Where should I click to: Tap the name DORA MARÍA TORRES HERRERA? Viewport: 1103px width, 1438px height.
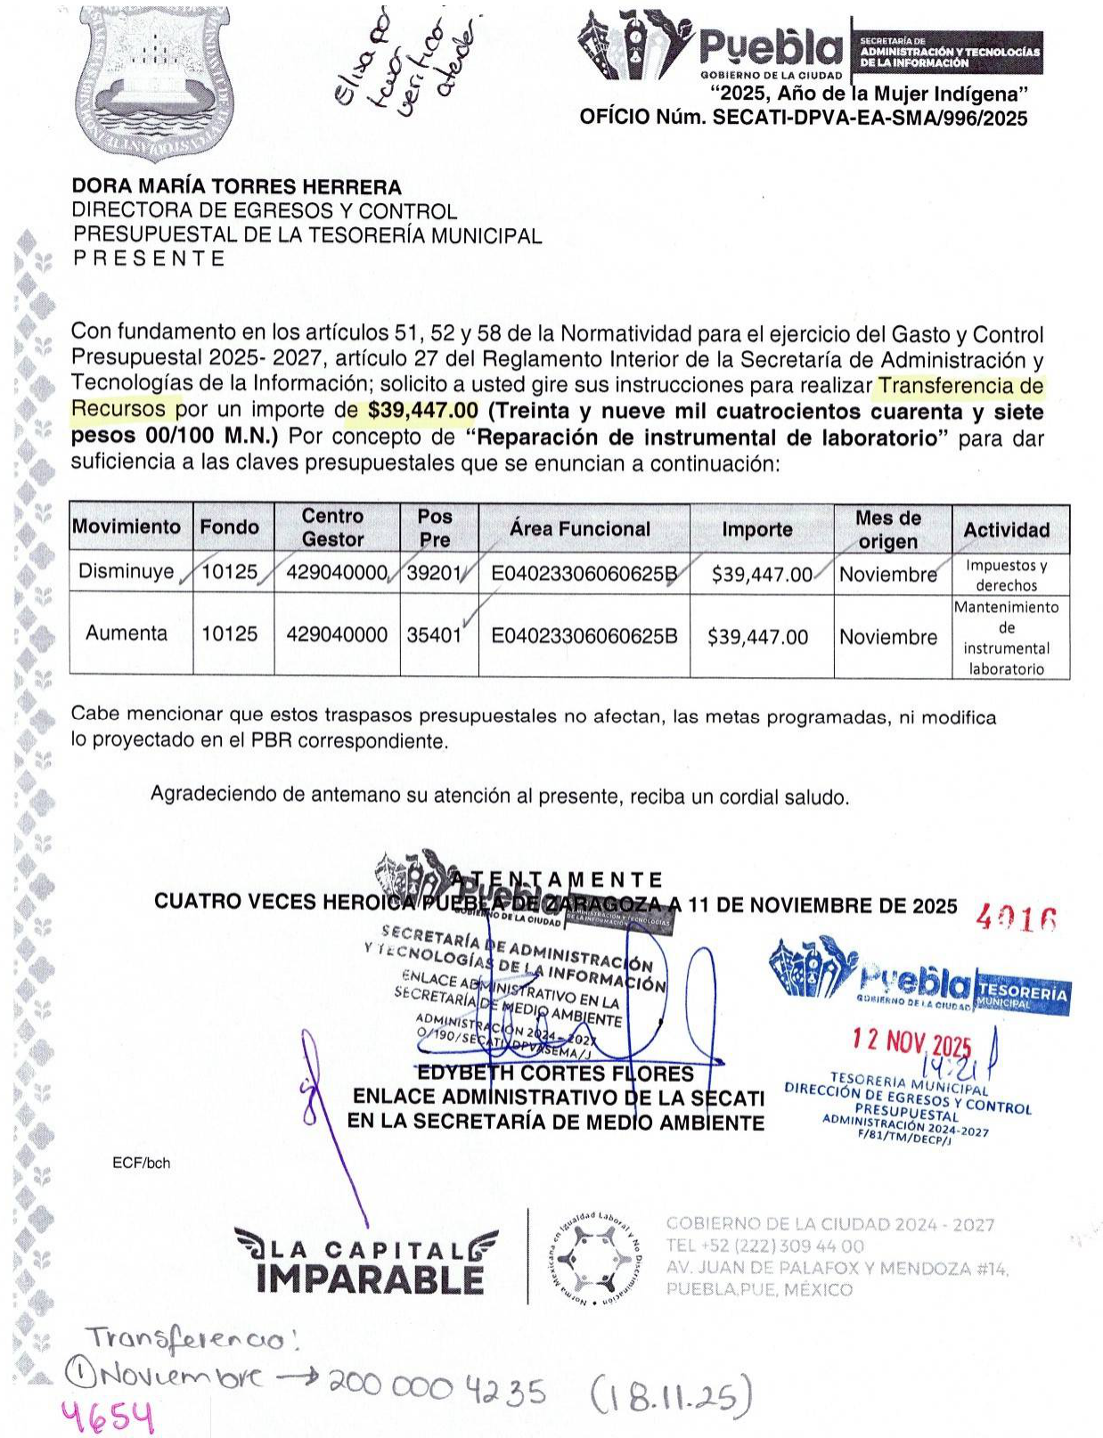click(x=236, y=187)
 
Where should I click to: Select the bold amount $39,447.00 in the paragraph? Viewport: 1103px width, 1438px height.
click(x=422, y=412)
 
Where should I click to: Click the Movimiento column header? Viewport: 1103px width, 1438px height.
click(x=127, y=527)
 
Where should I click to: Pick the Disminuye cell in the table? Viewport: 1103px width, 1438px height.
click(x=127, y=571)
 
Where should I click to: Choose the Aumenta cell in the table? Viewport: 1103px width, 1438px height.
click(x=127, y=633)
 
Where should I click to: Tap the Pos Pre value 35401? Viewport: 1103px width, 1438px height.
click(x=434, y=635)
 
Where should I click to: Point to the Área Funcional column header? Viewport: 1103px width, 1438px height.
click(x=580, y=528)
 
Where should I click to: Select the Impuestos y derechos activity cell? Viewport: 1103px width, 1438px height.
click(x=1006, y=576)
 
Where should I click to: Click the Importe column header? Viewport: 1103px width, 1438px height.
click(x=757, y=529)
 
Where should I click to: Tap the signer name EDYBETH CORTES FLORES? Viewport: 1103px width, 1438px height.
click(x=555, y=1074)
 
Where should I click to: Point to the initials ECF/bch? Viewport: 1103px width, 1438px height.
click(x=141, y=1164)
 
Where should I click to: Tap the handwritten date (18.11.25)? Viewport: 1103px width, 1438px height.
click(x=671, y=1395)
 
